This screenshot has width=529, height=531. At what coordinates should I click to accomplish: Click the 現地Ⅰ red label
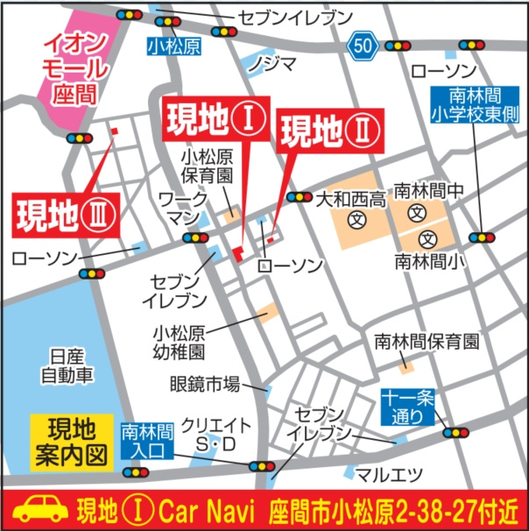tap(213, 121)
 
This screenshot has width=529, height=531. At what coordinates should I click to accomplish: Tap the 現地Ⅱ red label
tap(328, 133)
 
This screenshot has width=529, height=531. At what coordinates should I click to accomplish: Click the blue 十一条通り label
tap(407, 407)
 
